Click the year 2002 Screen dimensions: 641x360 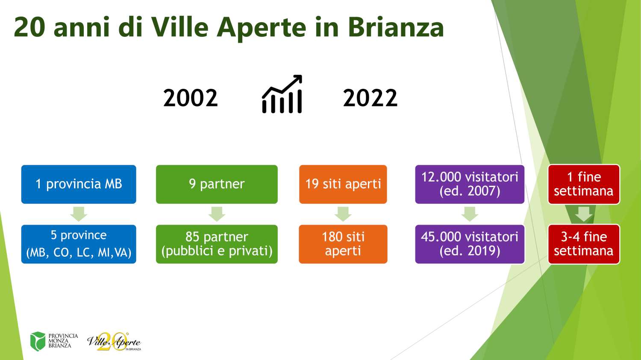191,98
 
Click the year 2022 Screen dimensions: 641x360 370,98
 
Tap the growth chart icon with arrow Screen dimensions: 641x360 282,94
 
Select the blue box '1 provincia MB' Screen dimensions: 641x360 79,184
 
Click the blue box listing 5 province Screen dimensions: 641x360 79,244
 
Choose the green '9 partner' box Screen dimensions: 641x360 217,184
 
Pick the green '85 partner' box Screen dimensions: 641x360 217,244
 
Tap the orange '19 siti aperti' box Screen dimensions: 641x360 343,184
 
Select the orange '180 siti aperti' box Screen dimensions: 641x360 343,244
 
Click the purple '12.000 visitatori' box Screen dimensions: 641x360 470,184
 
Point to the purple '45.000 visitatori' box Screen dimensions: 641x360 470,244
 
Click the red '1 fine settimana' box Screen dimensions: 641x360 584,184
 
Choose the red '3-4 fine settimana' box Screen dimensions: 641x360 584,244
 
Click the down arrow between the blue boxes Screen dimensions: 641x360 79,214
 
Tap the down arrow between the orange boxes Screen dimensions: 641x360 343,214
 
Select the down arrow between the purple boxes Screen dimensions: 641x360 470,214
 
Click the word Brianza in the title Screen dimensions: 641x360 396,27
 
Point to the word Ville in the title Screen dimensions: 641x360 180,27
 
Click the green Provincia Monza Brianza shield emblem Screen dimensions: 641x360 38,341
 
